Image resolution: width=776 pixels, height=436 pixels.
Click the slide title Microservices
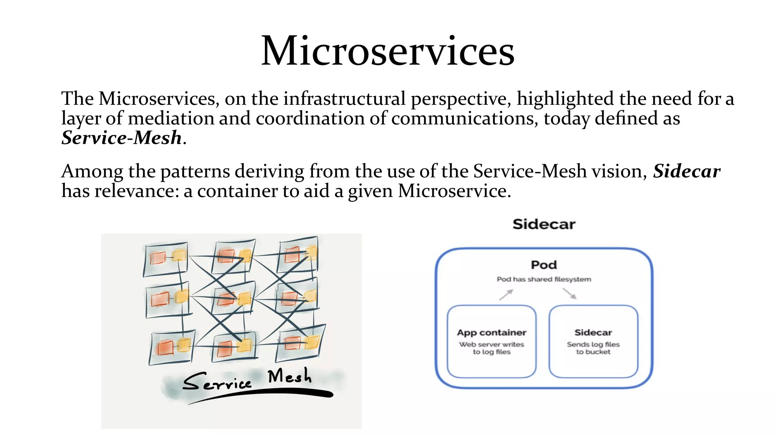(388, 51)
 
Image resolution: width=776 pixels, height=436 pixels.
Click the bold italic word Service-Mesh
(122, 138)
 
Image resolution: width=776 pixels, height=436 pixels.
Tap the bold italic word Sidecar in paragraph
(686, 171)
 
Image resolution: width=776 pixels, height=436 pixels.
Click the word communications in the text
(465, 118)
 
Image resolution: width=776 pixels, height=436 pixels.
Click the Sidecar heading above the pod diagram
(544, 224)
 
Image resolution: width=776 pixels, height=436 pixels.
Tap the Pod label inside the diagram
(544, 265)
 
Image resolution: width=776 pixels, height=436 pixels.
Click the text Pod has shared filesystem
(544, 279)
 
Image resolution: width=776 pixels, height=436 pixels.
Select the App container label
(491, 333)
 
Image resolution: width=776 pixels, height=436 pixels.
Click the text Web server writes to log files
(491, 348)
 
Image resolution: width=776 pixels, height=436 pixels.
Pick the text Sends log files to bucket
(593, 348)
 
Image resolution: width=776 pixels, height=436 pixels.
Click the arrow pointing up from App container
(506, 295)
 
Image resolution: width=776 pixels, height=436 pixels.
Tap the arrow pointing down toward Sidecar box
(569, 294)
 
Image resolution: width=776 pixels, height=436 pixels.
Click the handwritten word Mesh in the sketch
(289, 377)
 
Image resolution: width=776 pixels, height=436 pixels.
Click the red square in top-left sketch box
(158, 258)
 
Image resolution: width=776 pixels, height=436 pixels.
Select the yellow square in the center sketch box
(244, 299)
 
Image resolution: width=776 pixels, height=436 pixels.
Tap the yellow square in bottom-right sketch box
(312, 342)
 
